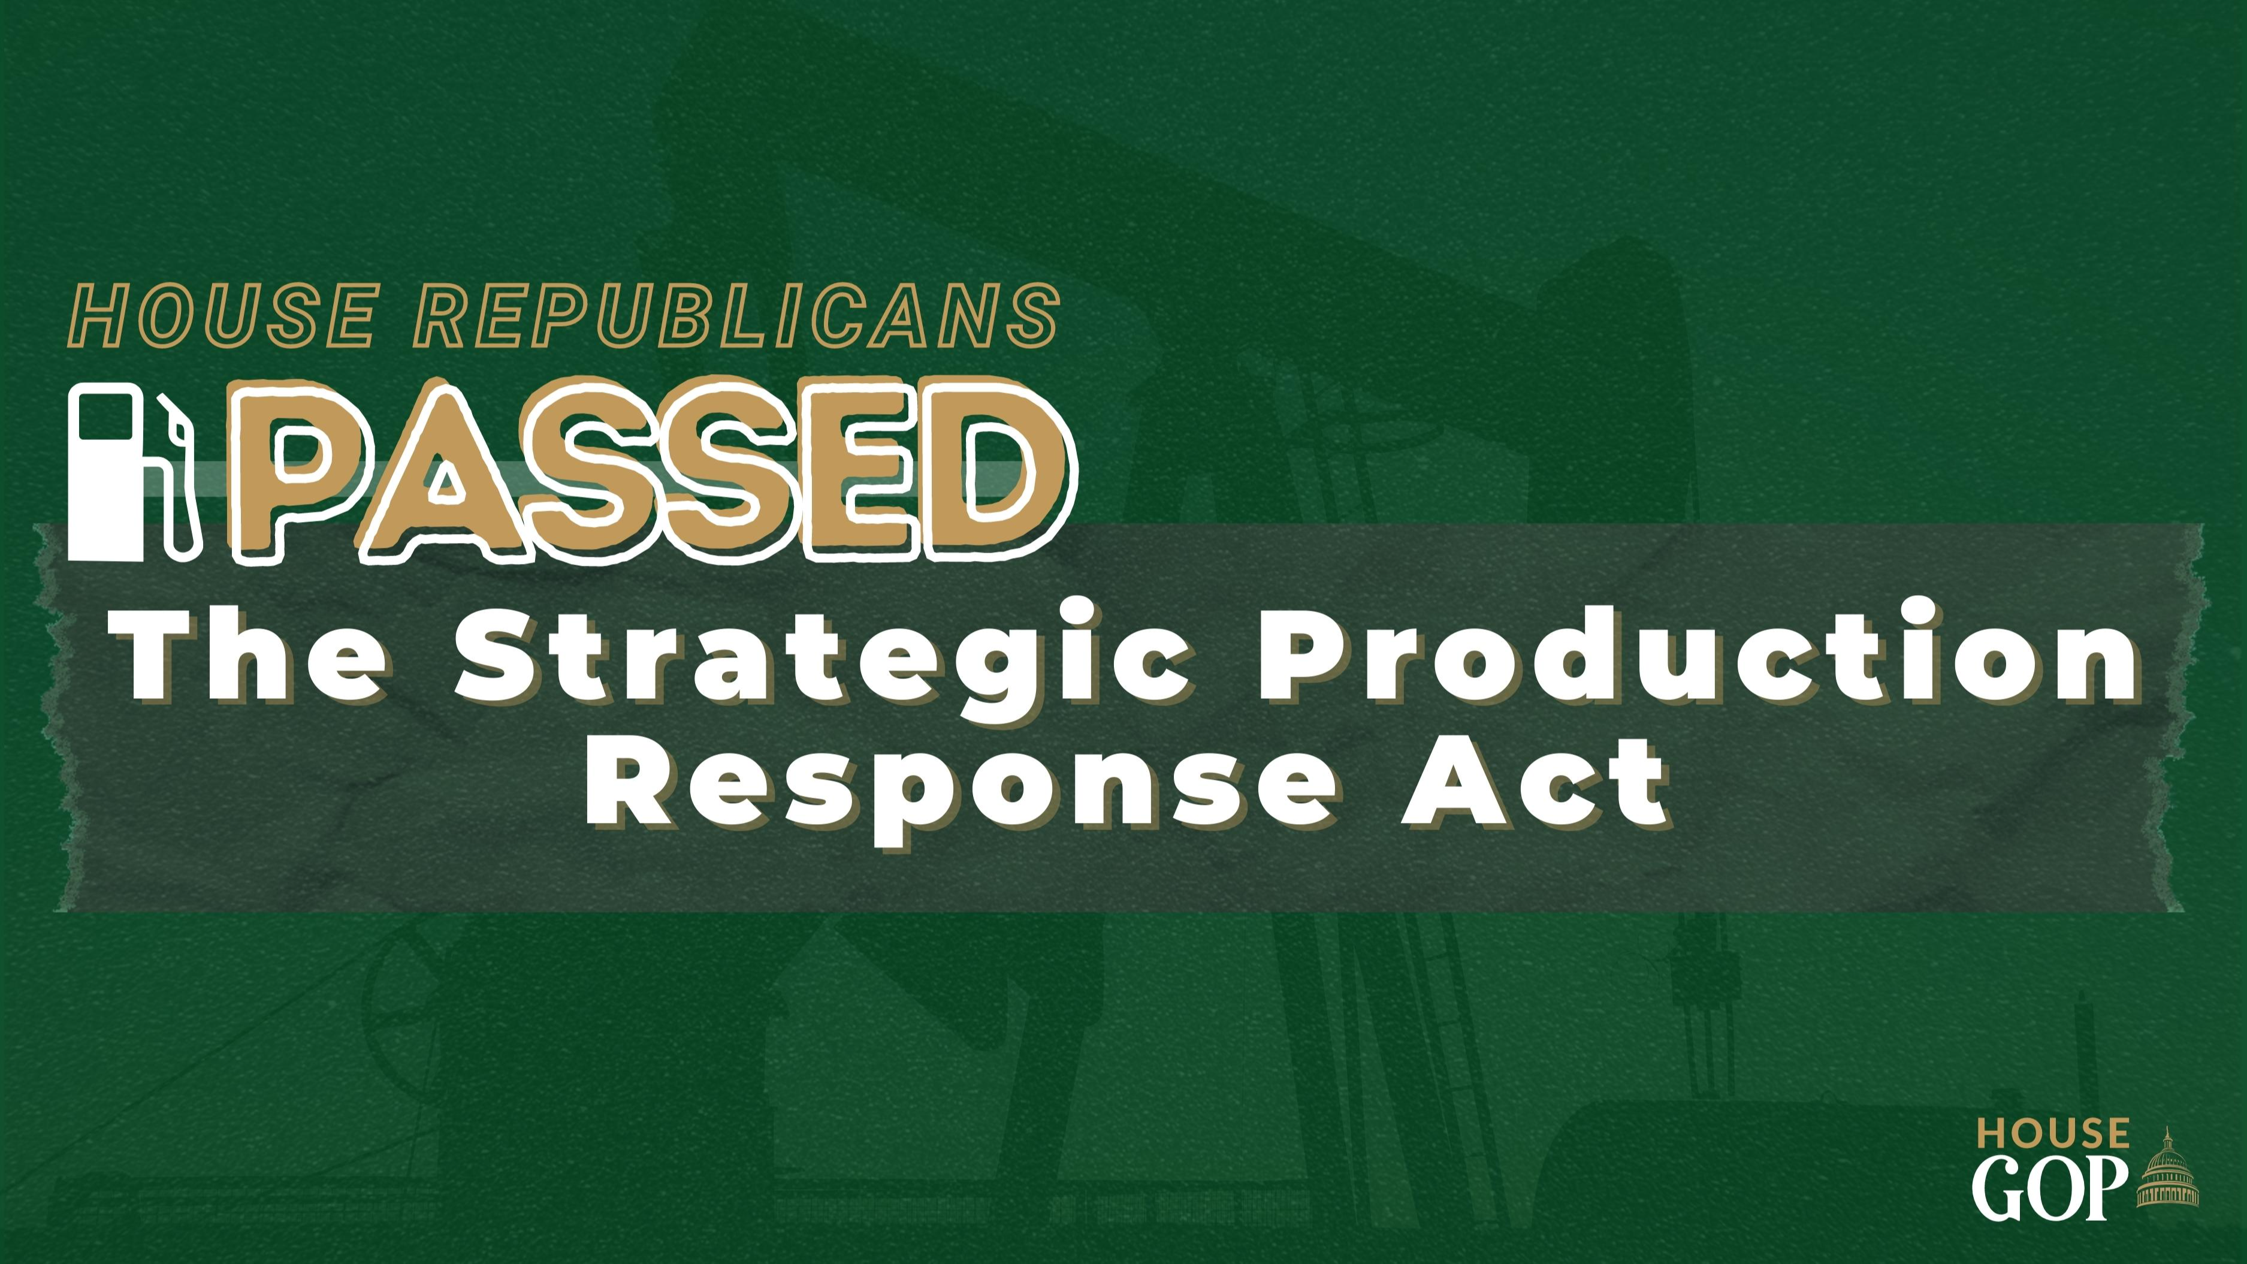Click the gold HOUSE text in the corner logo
tap(2052, 1134)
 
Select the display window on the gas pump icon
tap(105, 417)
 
